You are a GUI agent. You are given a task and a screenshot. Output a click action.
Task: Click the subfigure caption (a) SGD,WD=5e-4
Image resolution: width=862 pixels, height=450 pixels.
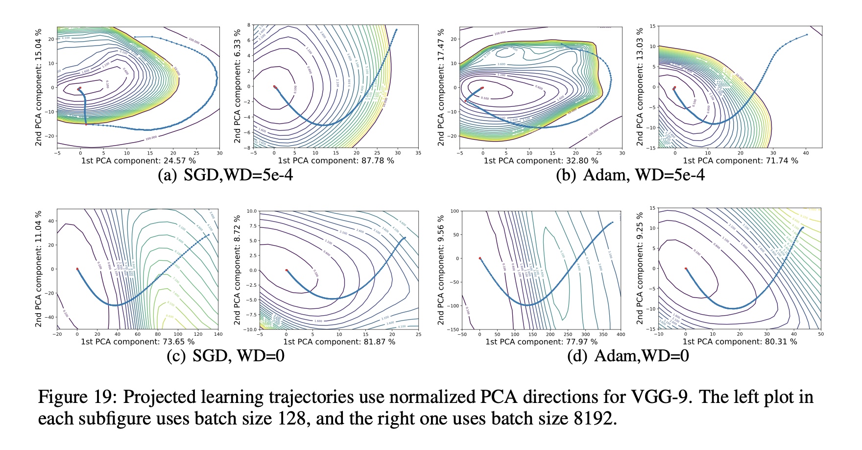225,175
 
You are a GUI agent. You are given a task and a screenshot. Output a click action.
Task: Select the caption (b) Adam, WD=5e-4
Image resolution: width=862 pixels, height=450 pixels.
630,175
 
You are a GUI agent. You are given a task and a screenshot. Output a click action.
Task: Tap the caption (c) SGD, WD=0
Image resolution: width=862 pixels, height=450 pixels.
225,355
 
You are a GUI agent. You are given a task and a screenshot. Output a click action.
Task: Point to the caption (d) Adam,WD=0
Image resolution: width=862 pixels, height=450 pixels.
628,355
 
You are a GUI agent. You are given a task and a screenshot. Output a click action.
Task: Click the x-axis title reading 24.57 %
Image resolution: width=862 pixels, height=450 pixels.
139,161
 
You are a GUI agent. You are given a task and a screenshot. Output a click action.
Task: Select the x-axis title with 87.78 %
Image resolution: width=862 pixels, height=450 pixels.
336,161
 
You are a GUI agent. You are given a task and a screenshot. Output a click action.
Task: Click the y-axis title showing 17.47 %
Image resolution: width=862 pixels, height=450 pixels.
441,86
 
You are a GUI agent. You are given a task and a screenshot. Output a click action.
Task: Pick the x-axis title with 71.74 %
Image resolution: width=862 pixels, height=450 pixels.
740,161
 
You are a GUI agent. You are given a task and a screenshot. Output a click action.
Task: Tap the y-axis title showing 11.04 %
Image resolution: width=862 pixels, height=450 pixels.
38,269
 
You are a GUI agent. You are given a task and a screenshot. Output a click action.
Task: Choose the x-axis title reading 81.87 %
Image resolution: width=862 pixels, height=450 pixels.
339,342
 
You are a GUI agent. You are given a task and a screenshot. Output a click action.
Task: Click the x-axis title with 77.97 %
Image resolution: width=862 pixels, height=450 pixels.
541,342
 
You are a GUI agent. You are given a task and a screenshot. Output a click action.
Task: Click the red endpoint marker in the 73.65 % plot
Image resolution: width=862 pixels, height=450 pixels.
77,269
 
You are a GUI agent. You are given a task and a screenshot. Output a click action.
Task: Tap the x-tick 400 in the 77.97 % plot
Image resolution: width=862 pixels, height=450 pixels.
620,334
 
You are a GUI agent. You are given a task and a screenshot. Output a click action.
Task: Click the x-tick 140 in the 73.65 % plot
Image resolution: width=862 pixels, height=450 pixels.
218,334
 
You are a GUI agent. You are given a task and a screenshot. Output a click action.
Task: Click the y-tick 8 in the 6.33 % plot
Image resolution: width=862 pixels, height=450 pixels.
249,25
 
